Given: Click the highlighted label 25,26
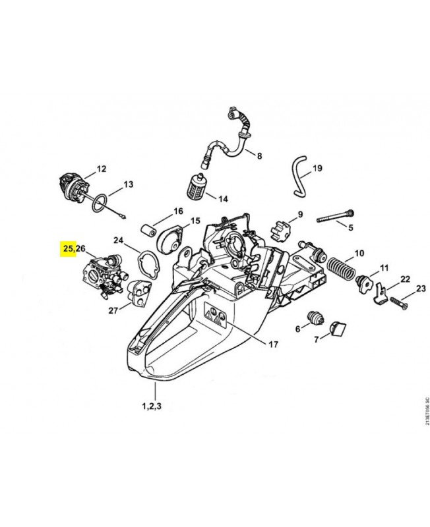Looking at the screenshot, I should pos(73,248).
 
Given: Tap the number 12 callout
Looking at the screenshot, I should pos(101,169).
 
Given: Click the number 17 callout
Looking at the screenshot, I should pos(273,344).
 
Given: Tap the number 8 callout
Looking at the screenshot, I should pos(259,156).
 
